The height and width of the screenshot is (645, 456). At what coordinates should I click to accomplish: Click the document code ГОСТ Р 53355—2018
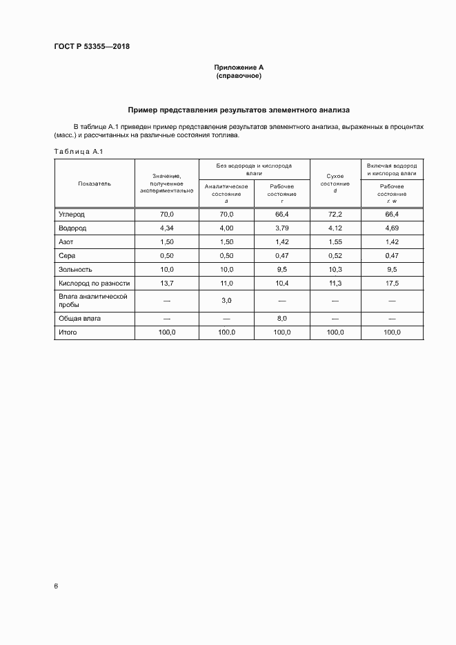point(92,47)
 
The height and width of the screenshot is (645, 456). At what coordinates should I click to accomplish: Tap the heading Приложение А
point(239,68)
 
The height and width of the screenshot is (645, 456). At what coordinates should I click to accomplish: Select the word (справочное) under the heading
point(239,76)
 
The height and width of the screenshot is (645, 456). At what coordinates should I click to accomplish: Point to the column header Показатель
point(95,183)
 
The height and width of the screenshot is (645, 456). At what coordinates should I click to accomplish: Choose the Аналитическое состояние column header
point(226,193)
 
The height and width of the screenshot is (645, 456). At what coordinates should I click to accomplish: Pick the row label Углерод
point(72,215)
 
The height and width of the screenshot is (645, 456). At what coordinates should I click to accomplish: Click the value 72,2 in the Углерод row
point(335,215)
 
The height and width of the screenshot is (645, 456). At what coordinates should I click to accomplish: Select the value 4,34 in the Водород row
point(167,228)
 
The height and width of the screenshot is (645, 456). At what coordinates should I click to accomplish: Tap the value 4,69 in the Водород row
point(392,228)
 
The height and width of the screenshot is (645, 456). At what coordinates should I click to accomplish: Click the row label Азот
point(66,242)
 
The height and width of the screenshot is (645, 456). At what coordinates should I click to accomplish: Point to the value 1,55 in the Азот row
point(335,242)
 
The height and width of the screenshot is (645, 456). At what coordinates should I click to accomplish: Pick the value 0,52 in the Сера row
point(335,256)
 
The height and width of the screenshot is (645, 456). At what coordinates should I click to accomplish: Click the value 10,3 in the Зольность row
point(335,270)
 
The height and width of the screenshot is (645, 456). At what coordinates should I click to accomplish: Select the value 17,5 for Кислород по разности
point(392,284)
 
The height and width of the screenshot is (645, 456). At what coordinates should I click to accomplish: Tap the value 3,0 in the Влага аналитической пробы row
point(226,301)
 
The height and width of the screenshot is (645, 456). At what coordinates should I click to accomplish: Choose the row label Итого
point(68,333)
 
